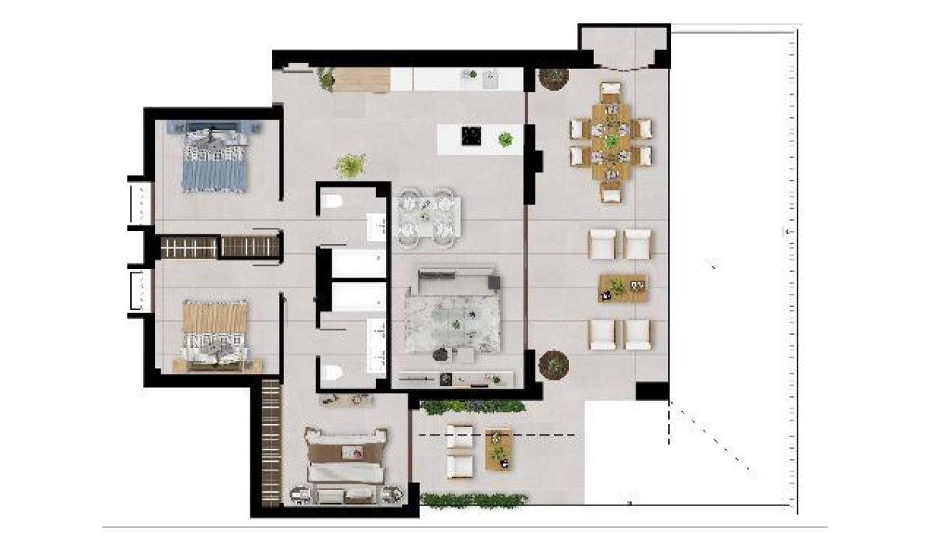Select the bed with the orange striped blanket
pyautogui.click(x=215, y=333)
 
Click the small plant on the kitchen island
pyautogui.click(x=505, y=140)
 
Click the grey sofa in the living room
pyautogui.click(x=456, y=280)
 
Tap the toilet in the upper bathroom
pyautogui.click(x=332, y=203)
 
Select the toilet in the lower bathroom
pyautogui.click(x=332, y=373)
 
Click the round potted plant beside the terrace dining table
pyautogui.click(x=553, y=78)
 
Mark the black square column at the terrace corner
pyautogui.click(x=652, y=391)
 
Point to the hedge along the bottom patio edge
pyautogui.click(x=473, y=500)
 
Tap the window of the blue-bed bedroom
pyautogui.click(x=140, y=203)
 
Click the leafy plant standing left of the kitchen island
pyautogui.click(x=351, y=165)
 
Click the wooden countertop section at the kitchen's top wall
pyautogui.click(x=362, y=80)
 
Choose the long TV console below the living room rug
pyautogui.click(x=456, y=379)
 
